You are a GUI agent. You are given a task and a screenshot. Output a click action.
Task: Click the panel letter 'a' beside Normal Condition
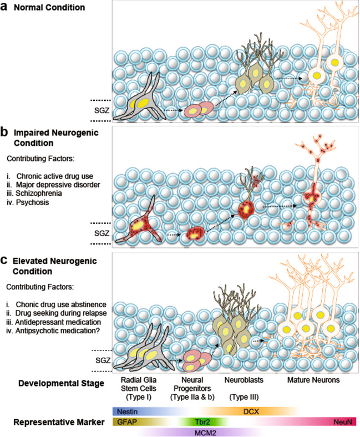click(x=5, y=8)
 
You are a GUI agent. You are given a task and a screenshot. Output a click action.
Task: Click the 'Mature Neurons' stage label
click(x=312, y=382)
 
